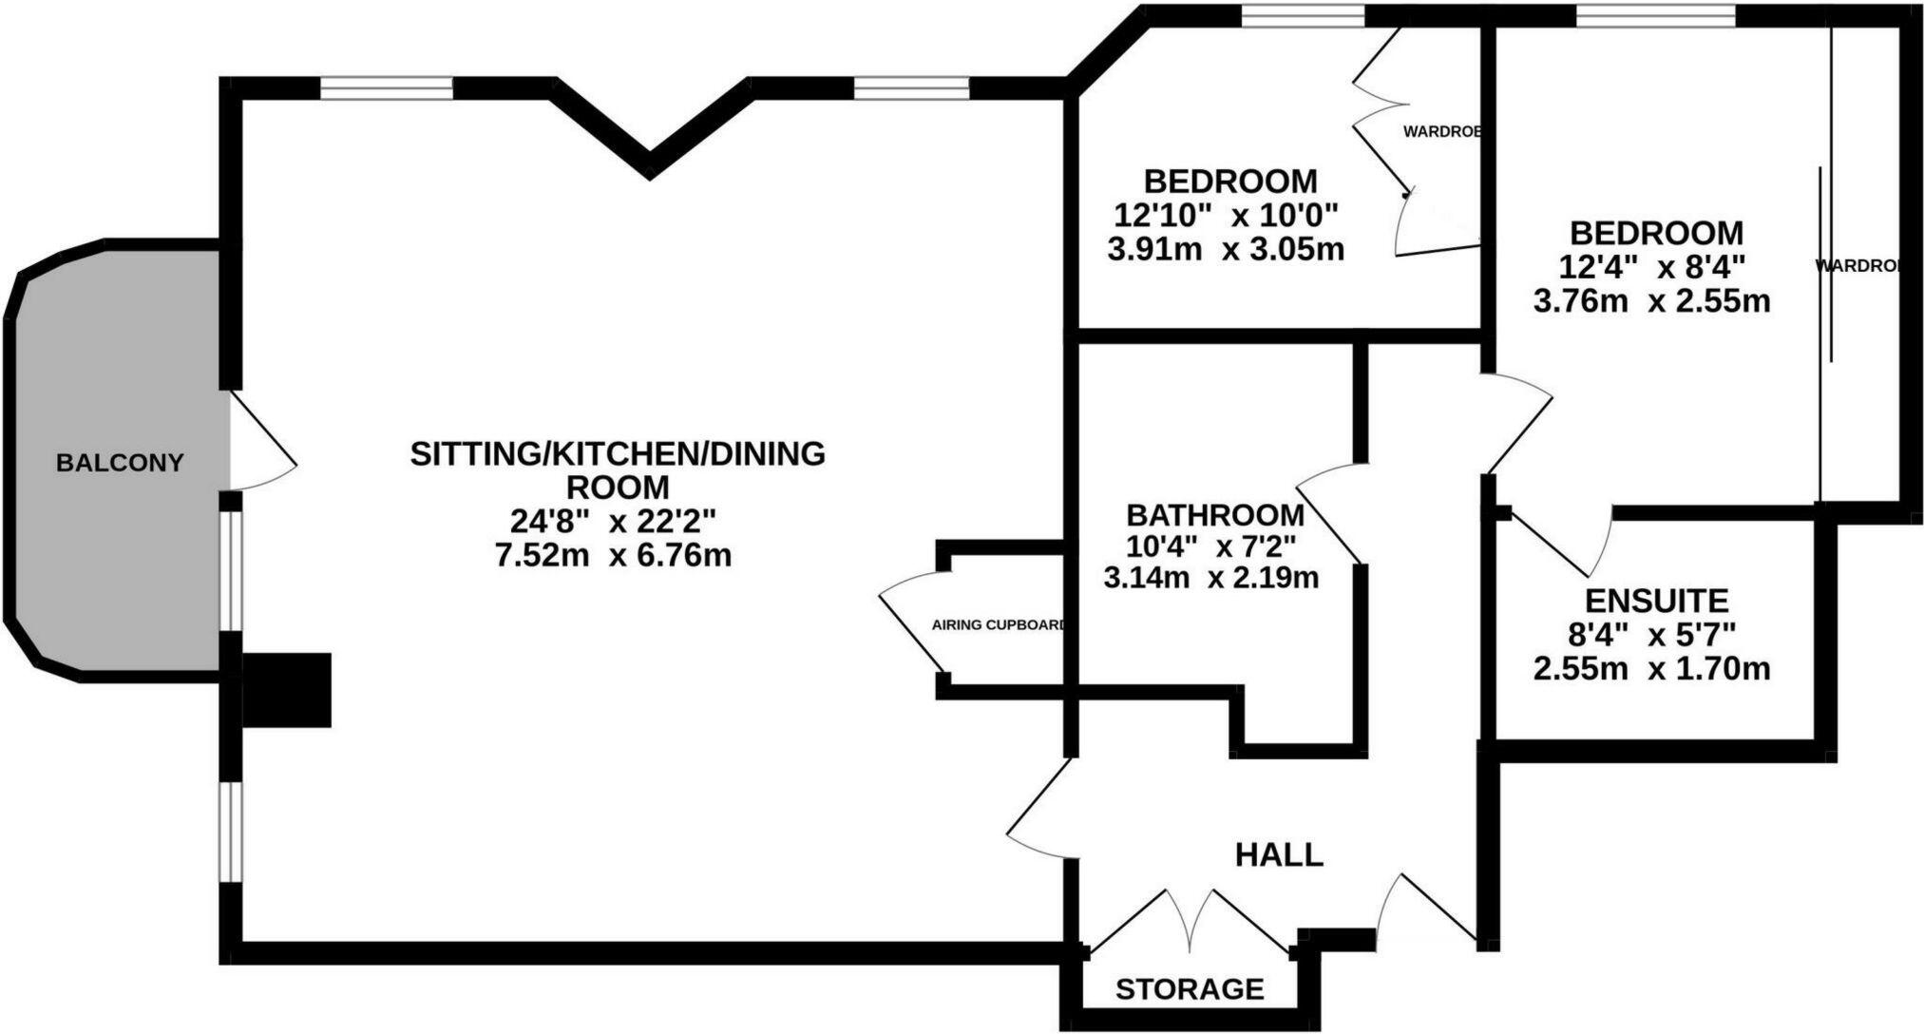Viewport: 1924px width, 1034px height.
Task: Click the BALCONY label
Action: (x=120, y=464)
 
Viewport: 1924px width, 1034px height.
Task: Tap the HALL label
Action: (x=1279, y=854)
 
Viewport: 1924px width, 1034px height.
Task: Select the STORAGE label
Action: (x=1190, y=989)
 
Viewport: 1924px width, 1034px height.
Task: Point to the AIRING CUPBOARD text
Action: (x=998, y=625)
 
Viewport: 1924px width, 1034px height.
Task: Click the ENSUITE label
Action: (x=1656, y=601)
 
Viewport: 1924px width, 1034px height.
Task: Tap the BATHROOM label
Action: (x=1215, y=515)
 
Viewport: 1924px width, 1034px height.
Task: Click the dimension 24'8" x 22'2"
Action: (x=613, y=521)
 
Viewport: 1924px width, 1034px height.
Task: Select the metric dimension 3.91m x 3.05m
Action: (x=1226, y=250)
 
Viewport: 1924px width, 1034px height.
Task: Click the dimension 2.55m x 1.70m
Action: (x=1651, y=669)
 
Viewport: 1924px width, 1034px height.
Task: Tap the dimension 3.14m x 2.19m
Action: (x=1211, y=577)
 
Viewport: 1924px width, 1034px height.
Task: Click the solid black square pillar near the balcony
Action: (x=287, y=690)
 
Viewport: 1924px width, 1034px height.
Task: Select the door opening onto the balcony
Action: (x=263, y=442)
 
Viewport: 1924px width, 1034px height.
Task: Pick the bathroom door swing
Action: (x=1330, y=513)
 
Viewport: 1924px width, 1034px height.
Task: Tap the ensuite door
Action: (x=1558, y=542)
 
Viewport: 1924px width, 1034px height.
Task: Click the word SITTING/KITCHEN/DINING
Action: (x=618, y=454)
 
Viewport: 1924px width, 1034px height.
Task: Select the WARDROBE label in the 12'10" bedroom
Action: (x=1441, y=132)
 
